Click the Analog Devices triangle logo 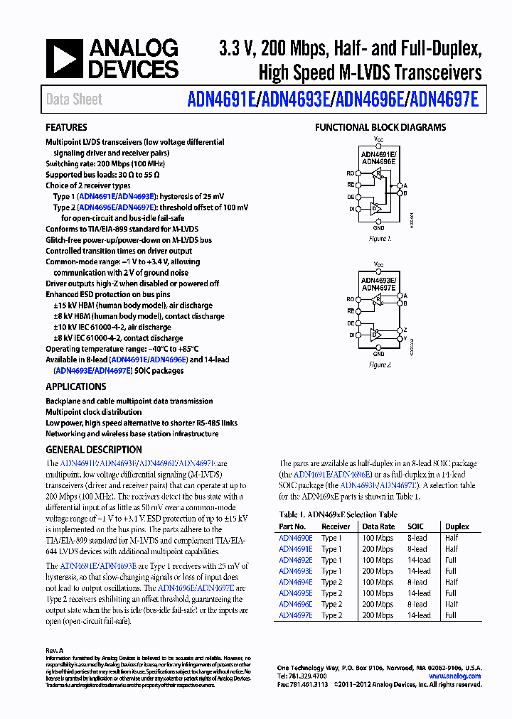(65, 59)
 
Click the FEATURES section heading (66, 128)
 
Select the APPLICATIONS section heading (75, 387)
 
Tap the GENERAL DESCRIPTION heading (93, 450)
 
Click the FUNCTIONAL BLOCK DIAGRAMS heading (380, 128)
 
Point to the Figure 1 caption (380, 239)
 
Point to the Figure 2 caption (380, 364)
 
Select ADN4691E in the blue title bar (223, 99)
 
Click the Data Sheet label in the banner (74, 99)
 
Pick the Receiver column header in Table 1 (336, 526)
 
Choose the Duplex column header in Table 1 (457, 526)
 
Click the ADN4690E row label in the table (295, 538)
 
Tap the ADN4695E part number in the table (295, 593)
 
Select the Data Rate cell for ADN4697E (377, 615)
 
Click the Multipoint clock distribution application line (93, 412)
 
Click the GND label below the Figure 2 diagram (379, 354)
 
